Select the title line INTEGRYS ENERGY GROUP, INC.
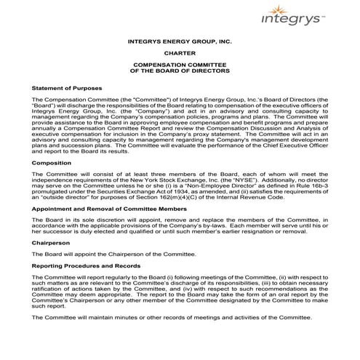click(179, 42)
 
